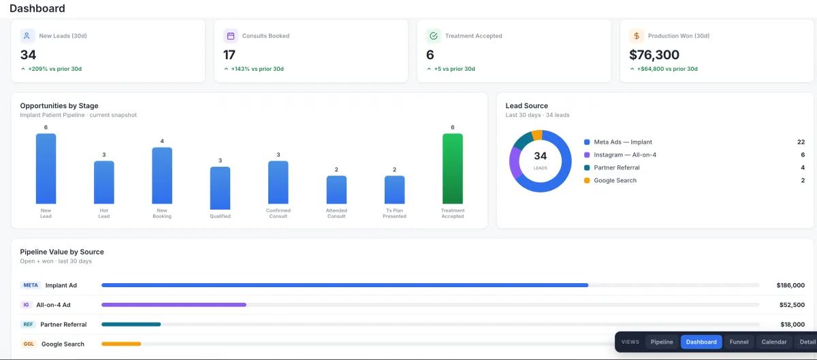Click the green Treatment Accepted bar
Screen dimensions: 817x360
click(x=452, y=169)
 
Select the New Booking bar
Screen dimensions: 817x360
click(x=162, y=176)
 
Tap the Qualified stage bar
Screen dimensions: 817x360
click(x=220, y=189)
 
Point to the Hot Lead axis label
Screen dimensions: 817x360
click(x=104, y=214)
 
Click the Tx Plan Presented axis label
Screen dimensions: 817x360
click(x=394, y=214)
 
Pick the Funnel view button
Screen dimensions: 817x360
click(x=739, y=342)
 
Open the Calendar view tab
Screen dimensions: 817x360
click(x=774, y=342)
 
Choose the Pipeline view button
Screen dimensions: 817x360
click(x=662, y=342)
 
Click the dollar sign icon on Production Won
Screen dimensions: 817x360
click(x=637, y=36)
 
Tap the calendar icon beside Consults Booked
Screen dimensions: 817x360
click(x=231, y=36)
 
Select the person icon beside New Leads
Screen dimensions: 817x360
click(x=27, y=36)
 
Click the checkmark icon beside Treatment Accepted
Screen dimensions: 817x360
click(x=433, y=36)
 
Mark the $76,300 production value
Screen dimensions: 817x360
click(x=654, y=54)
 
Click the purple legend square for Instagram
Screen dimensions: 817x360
click(x=587, y=155)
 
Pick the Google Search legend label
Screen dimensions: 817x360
click(x=615, y=180)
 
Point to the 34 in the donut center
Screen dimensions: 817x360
click(x=540, y=156)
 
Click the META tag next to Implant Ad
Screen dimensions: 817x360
click(x=31, y=285)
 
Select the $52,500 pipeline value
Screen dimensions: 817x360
click(x=792, y=305)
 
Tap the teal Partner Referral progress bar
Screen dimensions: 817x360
click(x=131, y=324)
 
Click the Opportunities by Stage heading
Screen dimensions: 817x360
click(x=59, y=105)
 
